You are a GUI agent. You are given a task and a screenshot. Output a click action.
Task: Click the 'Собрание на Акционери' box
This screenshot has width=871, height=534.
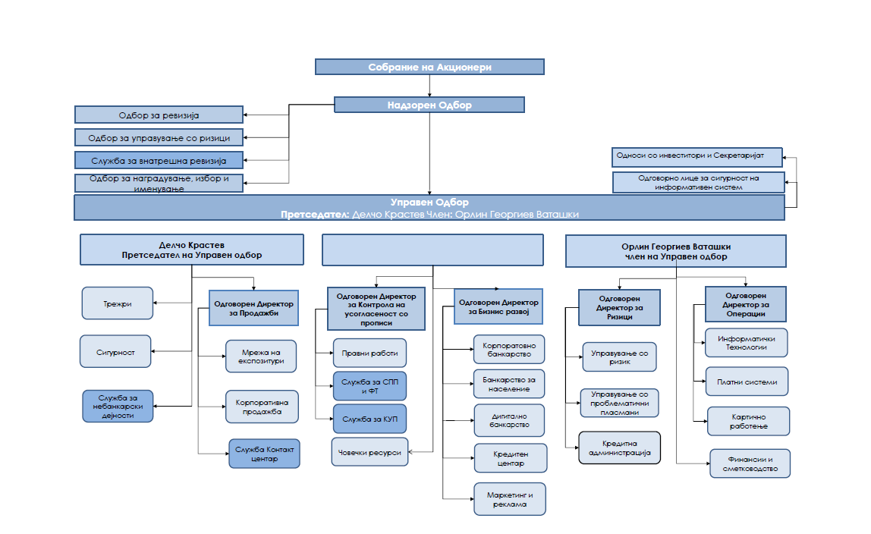pos(429,67)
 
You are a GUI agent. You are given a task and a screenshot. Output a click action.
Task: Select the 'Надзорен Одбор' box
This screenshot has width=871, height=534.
pos(429,105)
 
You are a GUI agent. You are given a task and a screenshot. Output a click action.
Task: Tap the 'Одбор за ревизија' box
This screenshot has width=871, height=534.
pos(159,115)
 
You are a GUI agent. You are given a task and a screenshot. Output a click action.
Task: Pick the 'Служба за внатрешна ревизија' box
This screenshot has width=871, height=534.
pos(159,160)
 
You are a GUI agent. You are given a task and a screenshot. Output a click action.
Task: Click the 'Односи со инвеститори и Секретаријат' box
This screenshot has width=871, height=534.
pos(697,156)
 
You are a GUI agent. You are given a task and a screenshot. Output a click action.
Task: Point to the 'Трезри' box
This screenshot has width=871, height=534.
pos(117,303)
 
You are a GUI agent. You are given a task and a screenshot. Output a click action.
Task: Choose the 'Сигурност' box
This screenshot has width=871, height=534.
pos(115,351)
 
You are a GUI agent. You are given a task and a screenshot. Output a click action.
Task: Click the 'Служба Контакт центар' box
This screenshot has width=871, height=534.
pos(264,454)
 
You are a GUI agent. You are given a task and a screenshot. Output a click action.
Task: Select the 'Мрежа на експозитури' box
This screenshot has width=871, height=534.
pos(261,357)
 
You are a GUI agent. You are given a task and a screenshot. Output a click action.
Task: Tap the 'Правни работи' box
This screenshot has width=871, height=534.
pos(370,353)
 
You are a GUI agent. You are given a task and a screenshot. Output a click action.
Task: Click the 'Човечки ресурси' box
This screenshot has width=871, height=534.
pos(369,452)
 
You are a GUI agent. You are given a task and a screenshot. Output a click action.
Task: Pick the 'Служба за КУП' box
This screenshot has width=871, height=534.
pos(370,419)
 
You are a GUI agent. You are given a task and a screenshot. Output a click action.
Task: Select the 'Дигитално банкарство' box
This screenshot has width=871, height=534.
pos(509,420)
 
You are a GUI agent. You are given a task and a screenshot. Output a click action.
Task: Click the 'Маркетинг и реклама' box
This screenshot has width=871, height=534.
pos(510,499)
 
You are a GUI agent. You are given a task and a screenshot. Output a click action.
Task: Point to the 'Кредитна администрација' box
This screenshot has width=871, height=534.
pos(619,448)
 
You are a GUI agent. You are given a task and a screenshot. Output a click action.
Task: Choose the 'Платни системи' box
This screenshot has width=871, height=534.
pos(747,382)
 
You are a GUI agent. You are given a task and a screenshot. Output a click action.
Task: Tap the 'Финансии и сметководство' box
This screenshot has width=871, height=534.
pos(750,463)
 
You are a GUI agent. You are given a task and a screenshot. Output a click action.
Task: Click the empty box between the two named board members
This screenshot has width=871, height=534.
pos(432,250)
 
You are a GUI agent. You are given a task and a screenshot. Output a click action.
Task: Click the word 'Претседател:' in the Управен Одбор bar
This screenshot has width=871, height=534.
pos(315,214)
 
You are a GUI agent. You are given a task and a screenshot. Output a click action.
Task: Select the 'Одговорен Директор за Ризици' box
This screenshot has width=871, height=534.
pos(619,307)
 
